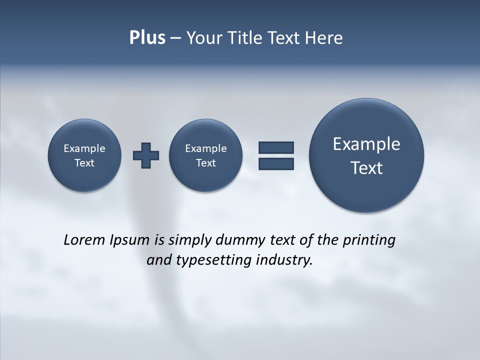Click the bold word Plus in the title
click(x=147, y=38)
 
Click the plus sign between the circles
click(x=146, y=155)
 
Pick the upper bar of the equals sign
click(x=276, y=147)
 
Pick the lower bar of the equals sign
click(x=276, y=163)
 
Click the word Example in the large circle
click(x=366, y=144)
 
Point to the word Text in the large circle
click(x=366, y=168)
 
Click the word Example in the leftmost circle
click(x=84, y=148)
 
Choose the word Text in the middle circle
click(x=205, y=163)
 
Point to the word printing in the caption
click(x=369, y=240)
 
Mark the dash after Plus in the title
click(x=175, y=38)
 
